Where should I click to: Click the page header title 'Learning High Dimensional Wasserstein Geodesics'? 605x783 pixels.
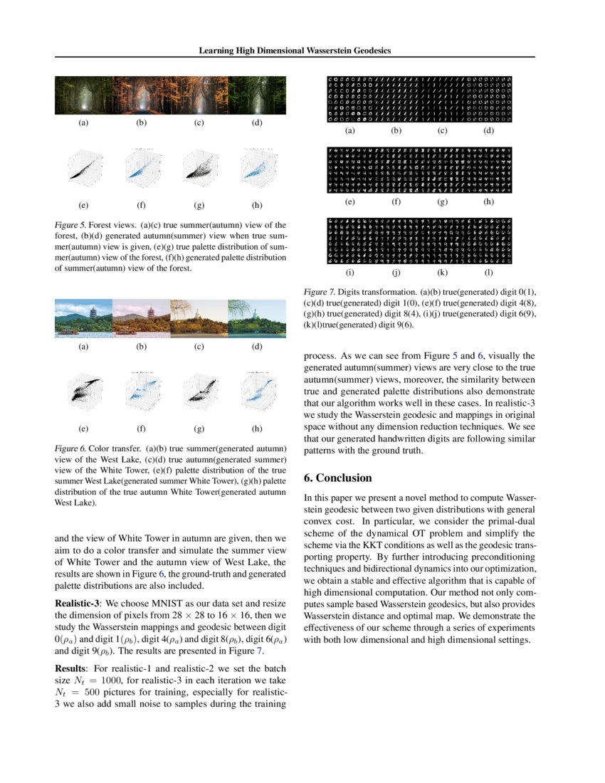point(295,51)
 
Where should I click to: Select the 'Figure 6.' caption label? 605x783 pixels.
point(72,449)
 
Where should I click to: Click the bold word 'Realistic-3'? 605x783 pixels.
point(78,603)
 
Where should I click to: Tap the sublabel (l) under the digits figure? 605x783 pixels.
point(488,272)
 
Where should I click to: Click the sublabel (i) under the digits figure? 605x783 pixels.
point(350,272)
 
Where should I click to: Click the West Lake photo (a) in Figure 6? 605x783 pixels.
point(84,317)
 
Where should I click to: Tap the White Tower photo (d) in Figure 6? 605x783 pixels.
point(256,317)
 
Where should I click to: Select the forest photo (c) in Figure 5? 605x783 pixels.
point(199,95)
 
